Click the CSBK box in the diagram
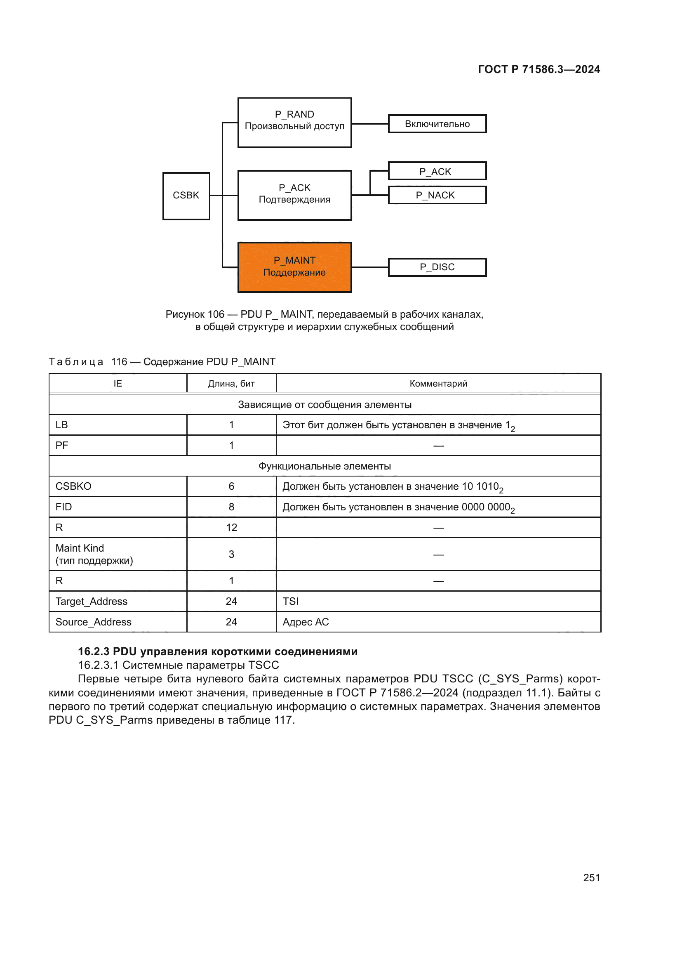[x=186, y=196]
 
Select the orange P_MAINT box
[x=294, y=267]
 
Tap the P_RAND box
[x=294, y=122]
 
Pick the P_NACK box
[x=437, y=195]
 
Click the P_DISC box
[x=437, y=267]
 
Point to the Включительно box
[x=437, y=124]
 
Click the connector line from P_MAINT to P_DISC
[x=369, y=267]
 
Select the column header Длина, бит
[x=231, y=383]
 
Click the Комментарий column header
[x=438, y=383]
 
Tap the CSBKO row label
[x=73, y=486]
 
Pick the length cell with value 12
[x=231, y=528]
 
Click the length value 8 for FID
[x=231, y=507]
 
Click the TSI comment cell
[x=291, y=602]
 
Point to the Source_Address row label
[x=93, y=622]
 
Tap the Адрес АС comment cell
[x=306, y=622]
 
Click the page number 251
[x=591, y=878]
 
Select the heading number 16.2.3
[x=94, y=651]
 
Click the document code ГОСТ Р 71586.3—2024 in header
[x=539, y=69]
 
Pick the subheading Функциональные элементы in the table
[x=324, y=466]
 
